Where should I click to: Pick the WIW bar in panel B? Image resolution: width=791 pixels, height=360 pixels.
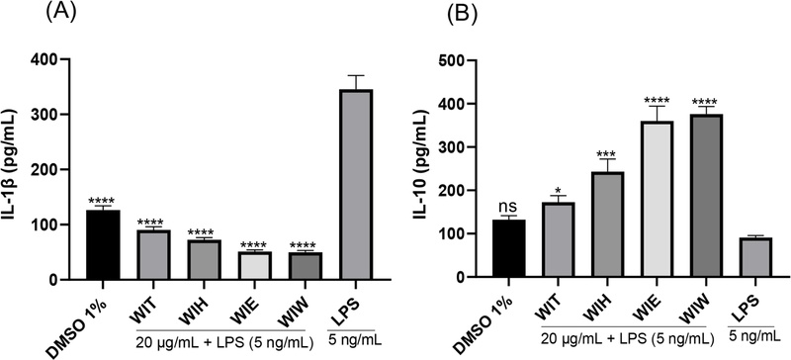coord(672,198)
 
